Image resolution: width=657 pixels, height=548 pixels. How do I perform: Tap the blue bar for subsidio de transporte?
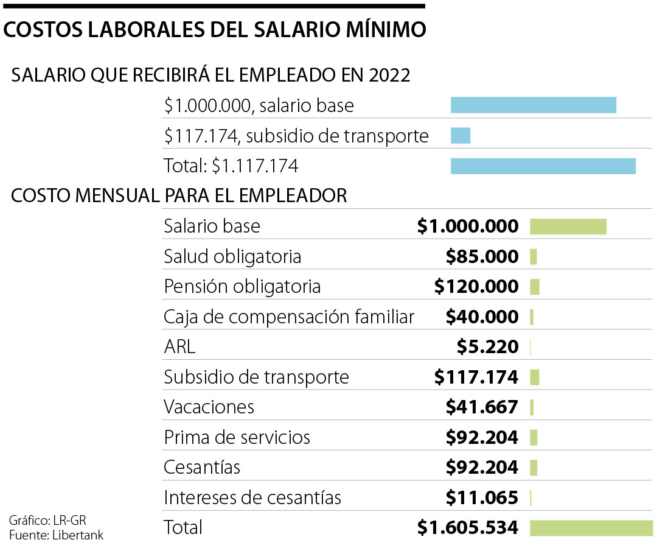pos(461,135)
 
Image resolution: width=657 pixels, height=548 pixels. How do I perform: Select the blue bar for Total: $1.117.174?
pos(543,166)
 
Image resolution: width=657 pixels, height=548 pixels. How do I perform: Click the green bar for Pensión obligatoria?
pos(535,286)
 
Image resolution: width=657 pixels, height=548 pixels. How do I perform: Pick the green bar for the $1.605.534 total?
pos(591,527)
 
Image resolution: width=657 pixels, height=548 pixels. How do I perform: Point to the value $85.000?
pos(482,256)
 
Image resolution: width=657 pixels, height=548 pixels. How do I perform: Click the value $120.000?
pos(476,286)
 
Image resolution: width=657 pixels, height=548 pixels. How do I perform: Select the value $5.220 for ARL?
pos(487,346)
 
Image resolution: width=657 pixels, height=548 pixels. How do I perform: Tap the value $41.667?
pos(482,407)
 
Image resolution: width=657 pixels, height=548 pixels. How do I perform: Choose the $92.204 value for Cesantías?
pos(482,467)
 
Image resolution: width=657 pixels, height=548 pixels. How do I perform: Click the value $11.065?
pos(482,497)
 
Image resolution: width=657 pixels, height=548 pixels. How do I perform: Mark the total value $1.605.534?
pos(468,527)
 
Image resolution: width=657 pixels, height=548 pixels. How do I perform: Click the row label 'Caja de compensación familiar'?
pos(289,317)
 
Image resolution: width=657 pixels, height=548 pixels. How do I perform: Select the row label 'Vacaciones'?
pos(209,407)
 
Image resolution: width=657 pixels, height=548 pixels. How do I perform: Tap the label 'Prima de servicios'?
pos(237,437)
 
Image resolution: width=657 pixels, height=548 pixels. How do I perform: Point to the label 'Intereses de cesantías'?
pos(252,497)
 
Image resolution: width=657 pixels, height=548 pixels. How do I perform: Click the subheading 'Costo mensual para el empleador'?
pos(179,195)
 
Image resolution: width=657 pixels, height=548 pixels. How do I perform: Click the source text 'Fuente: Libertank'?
pos(56,535)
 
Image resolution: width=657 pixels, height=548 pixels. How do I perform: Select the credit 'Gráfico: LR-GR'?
pos(43,521)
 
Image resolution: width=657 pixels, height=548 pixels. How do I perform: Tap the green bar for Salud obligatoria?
pos(534,256)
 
